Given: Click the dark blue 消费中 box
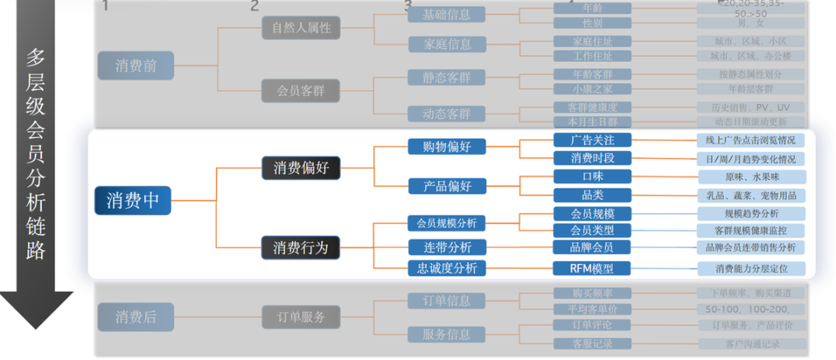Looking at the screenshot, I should coord(132,201).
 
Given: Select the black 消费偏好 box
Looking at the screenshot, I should coord(300,166).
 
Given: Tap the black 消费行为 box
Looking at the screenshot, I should coord(300,248).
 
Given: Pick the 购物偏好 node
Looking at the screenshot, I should coord(447,146).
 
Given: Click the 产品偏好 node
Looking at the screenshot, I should coord(447,186).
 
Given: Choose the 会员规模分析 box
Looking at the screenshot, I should coord(447,224).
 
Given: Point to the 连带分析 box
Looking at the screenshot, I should coord(447,248).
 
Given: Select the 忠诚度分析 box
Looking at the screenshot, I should coord(447,269).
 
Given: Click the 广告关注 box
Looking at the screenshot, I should coord(592,140).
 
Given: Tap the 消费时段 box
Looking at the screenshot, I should coord(592,159).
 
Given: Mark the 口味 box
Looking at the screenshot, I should coord(592,177).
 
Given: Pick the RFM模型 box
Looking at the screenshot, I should coord(592,269).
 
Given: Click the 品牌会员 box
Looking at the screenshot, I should coord(592,248).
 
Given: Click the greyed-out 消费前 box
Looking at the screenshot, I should coord(135,66).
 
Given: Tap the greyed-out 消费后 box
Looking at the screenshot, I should coord(135,317).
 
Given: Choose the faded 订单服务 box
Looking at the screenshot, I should coord(300,317).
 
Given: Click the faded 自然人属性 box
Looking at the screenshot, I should coord(300,29).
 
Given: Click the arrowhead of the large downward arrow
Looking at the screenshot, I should coord(36,310).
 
